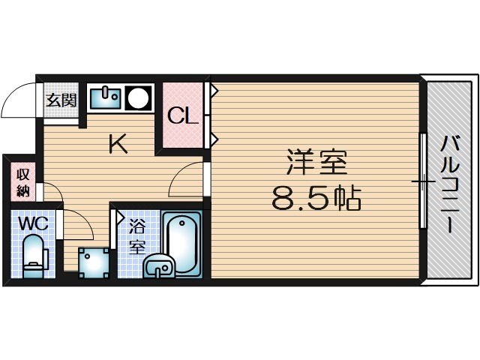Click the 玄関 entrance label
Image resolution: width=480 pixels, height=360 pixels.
click(61, 100)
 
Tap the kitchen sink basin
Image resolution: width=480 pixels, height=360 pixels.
click(106, 97)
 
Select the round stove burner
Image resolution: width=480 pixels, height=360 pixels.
click(136, 97)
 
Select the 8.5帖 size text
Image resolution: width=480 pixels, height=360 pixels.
click(316, 199)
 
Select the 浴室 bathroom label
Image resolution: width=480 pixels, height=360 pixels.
click(136, 236)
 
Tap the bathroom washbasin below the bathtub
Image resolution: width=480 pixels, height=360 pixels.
click(159, 266)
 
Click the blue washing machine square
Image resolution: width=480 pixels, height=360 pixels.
click(94, 261)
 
